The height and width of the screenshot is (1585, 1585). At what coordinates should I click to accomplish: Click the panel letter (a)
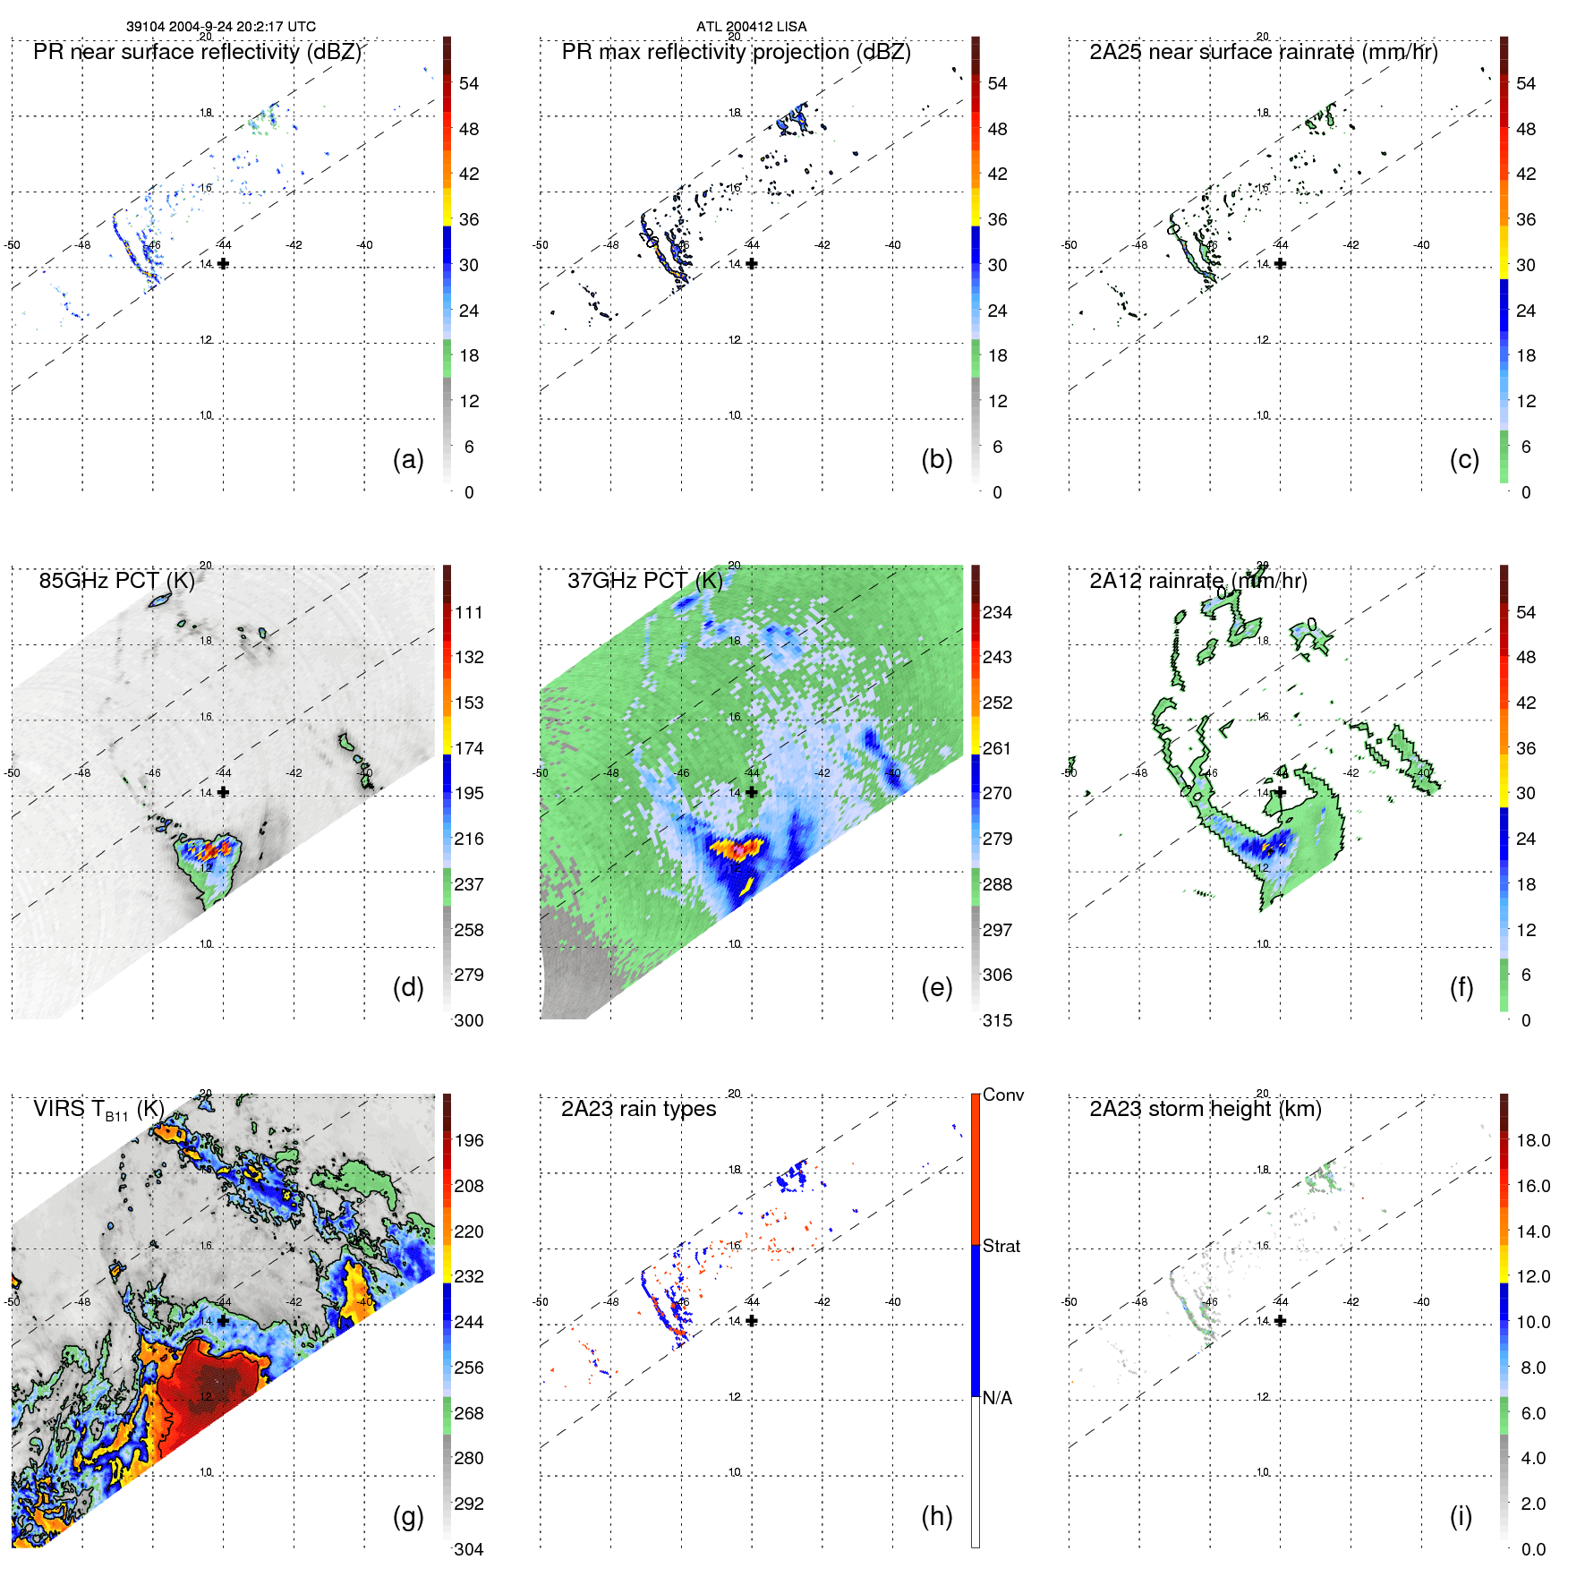(x=408, y=459)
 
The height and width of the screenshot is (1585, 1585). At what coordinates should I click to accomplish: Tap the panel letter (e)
(x=936, y=987)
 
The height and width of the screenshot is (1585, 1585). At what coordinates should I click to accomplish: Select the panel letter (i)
(x=1461, y=1516)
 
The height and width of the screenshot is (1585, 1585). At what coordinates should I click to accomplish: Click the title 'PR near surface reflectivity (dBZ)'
(x=197, y=52)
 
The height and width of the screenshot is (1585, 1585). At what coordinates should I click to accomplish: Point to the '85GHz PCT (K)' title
(x=116, y=581)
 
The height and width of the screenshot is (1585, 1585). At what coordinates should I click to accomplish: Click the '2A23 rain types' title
(x=638, y=1109)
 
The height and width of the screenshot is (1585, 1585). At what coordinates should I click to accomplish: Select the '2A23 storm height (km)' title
(x=1205, y=1109)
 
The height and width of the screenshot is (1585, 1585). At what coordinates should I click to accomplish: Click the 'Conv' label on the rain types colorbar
(x=1002, y=1095)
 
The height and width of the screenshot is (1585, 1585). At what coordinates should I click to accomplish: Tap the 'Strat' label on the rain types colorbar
(x=1001, y=1246)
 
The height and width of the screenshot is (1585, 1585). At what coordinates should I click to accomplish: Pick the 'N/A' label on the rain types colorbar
(x=997, y=1398)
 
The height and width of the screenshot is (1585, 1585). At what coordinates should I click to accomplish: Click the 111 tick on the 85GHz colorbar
(x=469, y=613)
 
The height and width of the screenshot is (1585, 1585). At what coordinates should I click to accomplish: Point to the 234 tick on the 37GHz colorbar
(x=997, y=613)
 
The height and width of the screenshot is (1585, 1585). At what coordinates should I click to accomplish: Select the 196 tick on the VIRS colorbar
(x=469, y=1141)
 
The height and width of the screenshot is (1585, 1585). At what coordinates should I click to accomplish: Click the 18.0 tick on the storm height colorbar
(x=1532, y=1141)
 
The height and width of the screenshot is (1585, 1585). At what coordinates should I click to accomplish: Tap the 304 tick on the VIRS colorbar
(x=469, y=1549)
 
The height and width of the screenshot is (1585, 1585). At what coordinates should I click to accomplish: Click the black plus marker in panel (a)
(x=223, y=264)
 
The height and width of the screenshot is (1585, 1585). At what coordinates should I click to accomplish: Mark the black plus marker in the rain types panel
(x=752, y=1321)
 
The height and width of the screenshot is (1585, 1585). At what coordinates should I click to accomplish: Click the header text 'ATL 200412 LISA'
(x=751, y=27)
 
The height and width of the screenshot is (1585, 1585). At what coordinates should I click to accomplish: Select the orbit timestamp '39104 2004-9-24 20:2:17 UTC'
(x=220, y=27)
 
